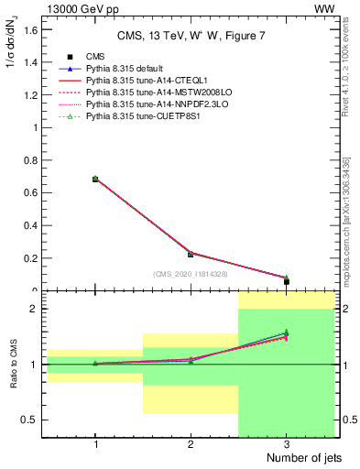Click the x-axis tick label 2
(191, 443)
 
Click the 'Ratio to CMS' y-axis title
(14, 365)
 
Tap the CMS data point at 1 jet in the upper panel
(95, 180)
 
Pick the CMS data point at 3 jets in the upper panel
(286, 281)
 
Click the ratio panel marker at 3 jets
(286, 334)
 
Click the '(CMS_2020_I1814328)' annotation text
(190, 274)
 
